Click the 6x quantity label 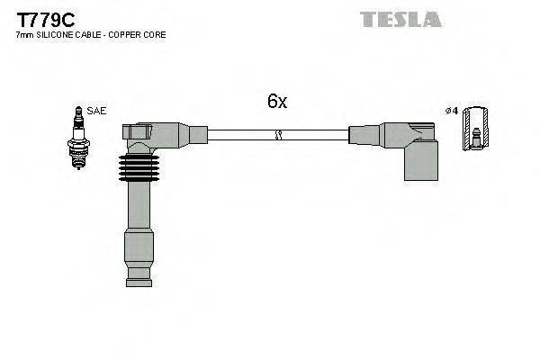pos(277,102)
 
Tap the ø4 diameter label pos(452,111)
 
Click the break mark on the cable pos(278,135)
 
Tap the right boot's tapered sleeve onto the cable pos(369,135)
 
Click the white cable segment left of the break pos(238,135)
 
